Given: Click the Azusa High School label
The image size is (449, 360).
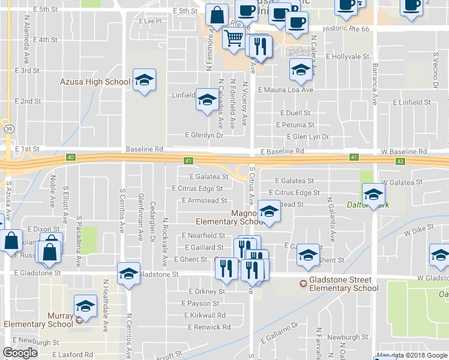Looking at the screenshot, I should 95,82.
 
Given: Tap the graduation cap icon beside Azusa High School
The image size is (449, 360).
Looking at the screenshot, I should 143,80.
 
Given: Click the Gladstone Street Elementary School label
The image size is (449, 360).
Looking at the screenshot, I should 344,284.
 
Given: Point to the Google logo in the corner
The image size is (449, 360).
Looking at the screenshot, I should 20,353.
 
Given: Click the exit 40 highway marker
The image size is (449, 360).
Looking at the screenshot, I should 71,157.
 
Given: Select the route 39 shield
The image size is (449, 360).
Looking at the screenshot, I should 8,129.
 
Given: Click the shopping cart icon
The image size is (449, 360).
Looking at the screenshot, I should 233,39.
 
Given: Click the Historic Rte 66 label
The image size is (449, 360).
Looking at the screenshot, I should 348,28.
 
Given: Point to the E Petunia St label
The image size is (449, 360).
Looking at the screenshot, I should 295,125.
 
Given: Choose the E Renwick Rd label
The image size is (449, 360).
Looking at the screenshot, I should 209,327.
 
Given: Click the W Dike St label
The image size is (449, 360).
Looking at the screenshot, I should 418,230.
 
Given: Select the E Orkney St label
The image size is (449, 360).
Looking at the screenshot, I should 206,292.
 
